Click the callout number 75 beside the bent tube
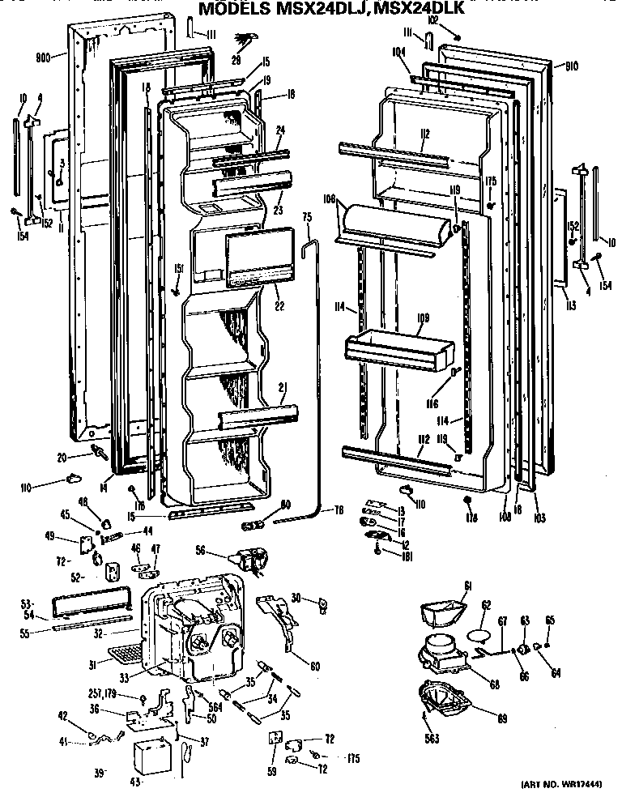(x=307, y=217)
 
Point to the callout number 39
(x=100, y=774)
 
